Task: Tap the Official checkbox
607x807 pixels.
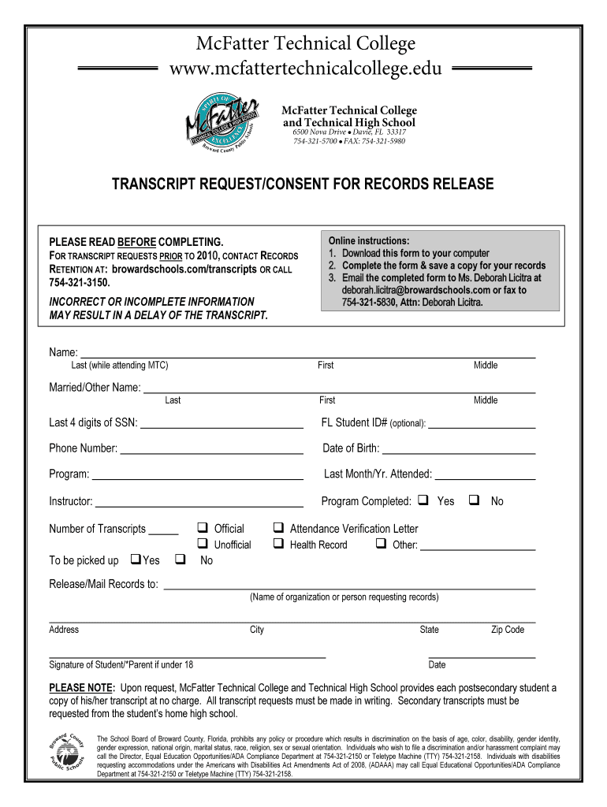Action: point(202,528)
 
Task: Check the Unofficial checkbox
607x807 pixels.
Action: point(202,544)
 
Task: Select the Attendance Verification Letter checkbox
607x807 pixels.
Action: point(278,528)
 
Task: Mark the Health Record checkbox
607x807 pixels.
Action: point(278,544)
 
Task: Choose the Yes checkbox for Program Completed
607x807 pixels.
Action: point(423,500)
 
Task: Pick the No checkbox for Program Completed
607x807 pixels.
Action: point(475,500)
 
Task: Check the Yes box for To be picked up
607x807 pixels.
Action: point(135,560)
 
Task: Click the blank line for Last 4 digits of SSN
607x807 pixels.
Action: point(221,425)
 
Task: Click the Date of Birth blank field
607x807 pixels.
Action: point(459,450)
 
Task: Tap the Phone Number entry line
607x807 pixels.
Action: point(211,450)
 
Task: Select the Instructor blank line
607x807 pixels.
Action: point(199,503)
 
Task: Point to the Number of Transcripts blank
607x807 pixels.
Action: point(163,530)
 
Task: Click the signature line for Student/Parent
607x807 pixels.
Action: point(187,655)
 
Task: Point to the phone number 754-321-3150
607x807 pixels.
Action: point(80,282)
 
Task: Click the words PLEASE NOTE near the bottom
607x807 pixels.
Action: point(82,687)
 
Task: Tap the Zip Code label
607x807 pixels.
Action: point(507,630)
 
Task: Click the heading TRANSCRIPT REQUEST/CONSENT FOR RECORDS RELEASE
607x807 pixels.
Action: point(303,184)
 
